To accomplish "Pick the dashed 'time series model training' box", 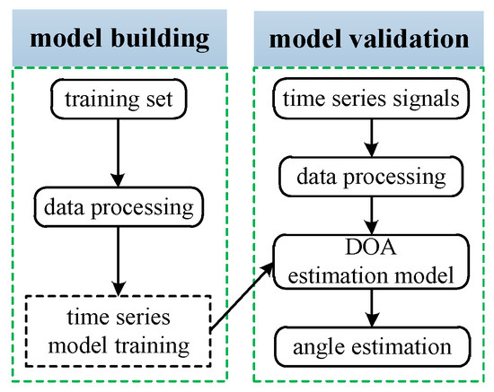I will click(x=119, y=328).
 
